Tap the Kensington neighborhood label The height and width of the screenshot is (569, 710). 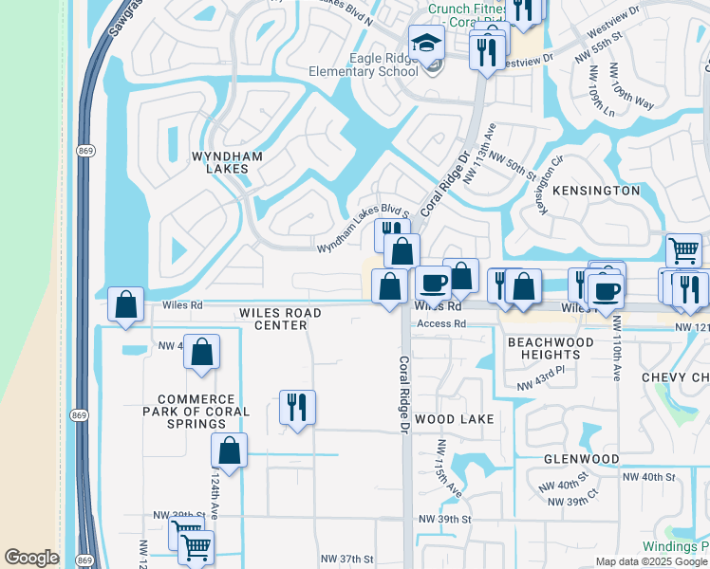coord(594,191)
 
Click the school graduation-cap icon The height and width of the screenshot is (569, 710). coord(426,43)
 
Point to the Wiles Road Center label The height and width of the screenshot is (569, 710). coord(280,319)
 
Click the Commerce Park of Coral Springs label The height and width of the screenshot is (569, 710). coord(196,412)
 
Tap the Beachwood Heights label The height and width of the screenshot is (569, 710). coord(551,348)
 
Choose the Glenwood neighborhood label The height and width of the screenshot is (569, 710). coord(582,459)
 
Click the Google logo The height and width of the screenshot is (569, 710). coord(31,558)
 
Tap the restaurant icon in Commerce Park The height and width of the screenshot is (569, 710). coord(297,408)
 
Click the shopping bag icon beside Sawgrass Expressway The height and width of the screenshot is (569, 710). coord(125,305)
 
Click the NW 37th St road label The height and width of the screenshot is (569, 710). coord(347,560)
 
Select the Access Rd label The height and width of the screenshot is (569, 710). coord(443,323)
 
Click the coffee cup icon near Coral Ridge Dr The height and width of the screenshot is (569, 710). coord(434,283)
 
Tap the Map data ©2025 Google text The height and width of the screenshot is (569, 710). coord(650,561)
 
